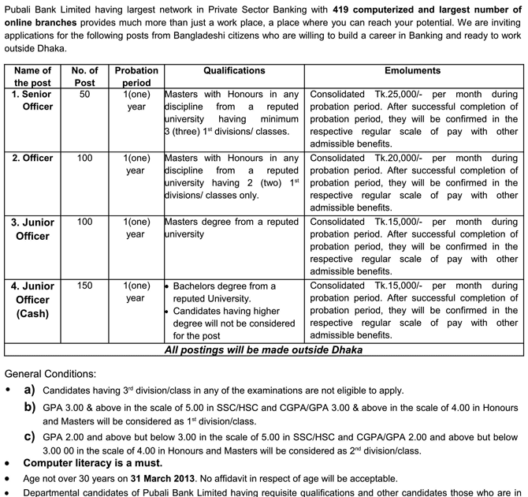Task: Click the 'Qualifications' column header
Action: tap(234, 70)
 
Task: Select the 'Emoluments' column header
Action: tap(413, 70)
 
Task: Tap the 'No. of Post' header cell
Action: tap(84, 77)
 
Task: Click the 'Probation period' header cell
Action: tap(136, 77)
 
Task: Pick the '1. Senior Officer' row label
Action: tap(33, 100)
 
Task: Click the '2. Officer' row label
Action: tap(33, 158)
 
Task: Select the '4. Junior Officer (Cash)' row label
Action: tap(33, 300)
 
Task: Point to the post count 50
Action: tap(84, 94)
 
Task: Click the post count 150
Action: tap(84, 286)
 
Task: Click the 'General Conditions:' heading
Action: tap(51, 373)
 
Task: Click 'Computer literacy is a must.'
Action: tap(93, 463)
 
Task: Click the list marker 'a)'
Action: tap(30, 390)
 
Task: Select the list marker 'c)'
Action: tap(30, 436)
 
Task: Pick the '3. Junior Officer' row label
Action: tap(33, 229)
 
